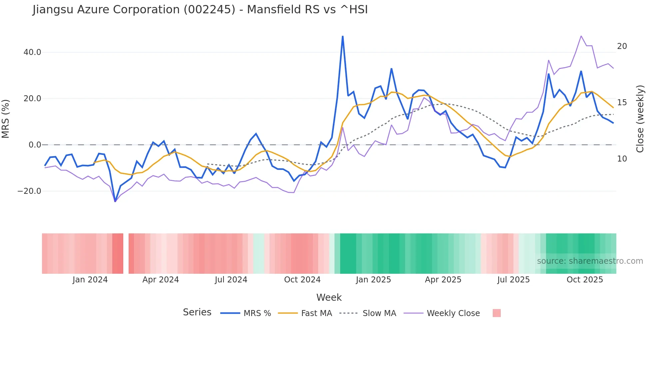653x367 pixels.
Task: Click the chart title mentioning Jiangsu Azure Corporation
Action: (x=200, y=10)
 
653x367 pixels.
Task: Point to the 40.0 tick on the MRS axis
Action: (x=32, y=52)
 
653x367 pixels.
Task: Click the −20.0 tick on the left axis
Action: (x=29, y=191)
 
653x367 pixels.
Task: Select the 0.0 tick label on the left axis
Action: (x=35, y=145)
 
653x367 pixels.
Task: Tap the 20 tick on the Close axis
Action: (x=622, y=46)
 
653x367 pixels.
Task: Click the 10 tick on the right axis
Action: (x=622, y=159)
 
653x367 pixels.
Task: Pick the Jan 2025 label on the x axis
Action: (x=373, y=280)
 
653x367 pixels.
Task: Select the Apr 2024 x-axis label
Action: (x=161, y=280)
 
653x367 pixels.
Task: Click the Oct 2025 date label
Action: (x=585, y=280)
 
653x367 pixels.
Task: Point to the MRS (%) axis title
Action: (x=6, y=119)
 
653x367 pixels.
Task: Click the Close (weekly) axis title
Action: (x=640, y=119)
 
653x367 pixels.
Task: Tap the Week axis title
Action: (x=329, y=297)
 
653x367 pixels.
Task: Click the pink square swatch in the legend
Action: (x=496, y=313)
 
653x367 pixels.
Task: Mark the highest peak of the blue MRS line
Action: (x=342, y=36)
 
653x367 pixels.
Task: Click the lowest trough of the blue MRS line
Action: (x=115, y=201)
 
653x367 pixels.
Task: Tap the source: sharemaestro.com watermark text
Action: (x=590, y=261)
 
